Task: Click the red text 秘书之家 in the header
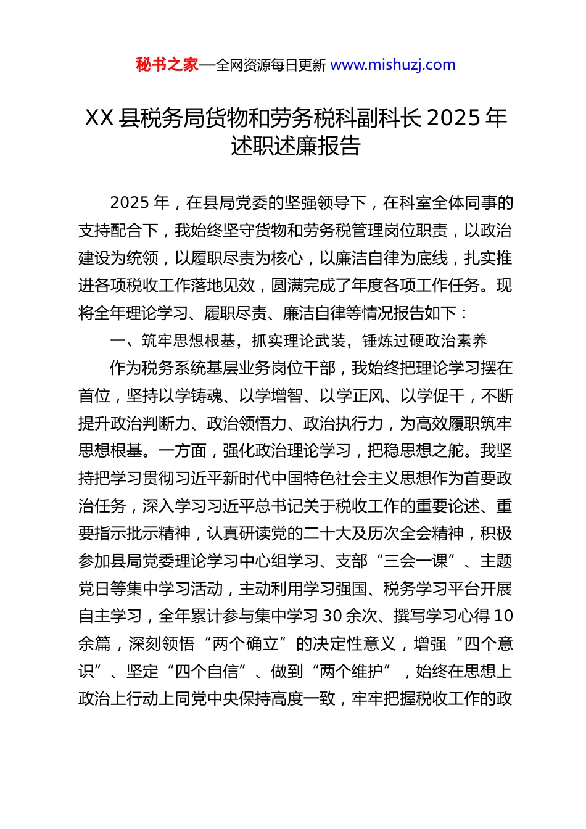pyautogui.click(x=167, y=65)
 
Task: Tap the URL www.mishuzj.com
pyautogui.click(x=393, y=65)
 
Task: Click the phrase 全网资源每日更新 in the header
pyautogui.click(x=270, y=65)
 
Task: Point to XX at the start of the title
pyautogui.click(x=99, y=118)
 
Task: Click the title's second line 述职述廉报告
pyautogui.click(x=295, y=146)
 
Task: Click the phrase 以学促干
pyautogui.click(x=433, y=395)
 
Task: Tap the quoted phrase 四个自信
pyautogui.click(x=207, y=671)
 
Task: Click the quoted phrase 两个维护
pyautogui.click(x=352, y=671)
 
